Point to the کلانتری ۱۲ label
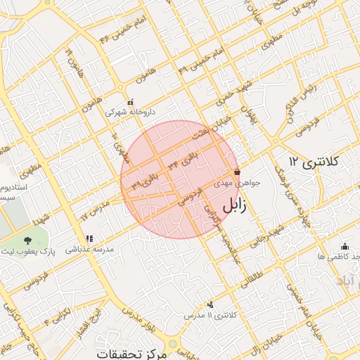coord(314,162)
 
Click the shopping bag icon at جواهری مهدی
coord(238,172)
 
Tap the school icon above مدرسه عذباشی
coord(89,239)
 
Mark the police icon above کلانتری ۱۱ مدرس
coord(211,305)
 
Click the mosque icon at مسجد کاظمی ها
coord(345,246)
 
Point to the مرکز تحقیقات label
coord(132,353)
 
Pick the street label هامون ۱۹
coord(70,59)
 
